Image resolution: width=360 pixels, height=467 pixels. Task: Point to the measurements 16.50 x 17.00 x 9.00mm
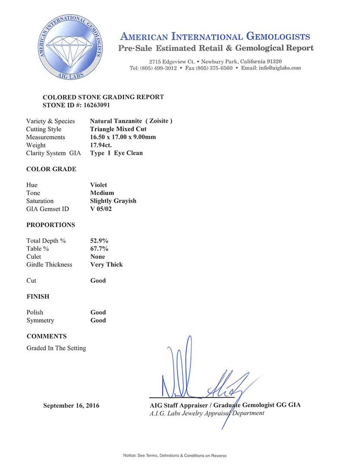pyautogui.click(x=123, y=137)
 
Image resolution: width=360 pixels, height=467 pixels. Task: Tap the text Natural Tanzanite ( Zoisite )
pyautogui.click(x=131, y=121)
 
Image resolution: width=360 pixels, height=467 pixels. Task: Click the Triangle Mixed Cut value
pyautogui.click(x=118, y=129)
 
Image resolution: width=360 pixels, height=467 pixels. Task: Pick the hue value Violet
pyautogui.click(x=99, y=185)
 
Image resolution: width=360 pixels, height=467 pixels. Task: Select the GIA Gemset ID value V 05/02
pyautogui.click(x=102, y=209)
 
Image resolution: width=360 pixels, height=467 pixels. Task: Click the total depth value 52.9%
pyautogui.click(x=99, y=240)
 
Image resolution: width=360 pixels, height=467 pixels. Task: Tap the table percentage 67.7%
pyautogui.click(x=99, y=249)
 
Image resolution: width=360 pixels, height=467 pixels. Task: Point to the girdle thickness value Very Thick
pyautogui.click(x=106, y=264)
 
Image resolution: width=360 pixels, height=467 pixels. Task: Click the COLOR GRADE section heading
pyautogui.click(x=51, y=169)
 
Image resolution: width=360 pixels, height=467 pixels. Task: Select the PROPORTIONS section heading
pyautogui.click(x=51, y=225)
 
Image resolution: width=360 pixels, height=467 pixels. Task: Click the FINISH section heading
pyautogui.click(x=38, y=296)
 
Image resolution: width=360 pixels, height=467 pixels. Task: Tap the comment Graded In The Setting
pyautogui.click(x=56, y=348)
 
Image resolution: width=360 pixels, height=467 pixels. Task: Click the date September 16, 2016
pyautogui.click(x=71, y=406)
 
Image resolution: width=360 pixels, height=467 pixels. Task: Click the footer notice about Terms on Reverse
pyautogui.click(x=175, y=455)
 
